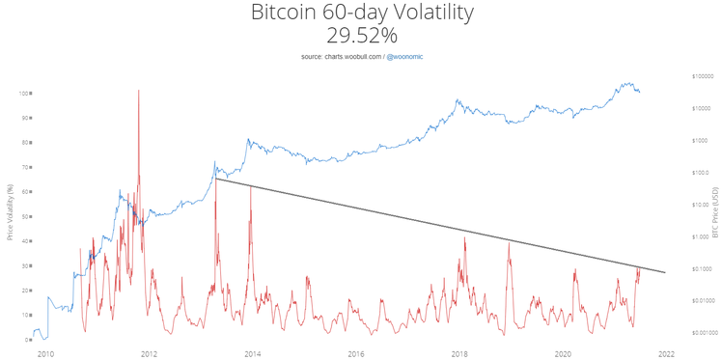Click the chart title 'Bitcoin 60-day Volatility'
pyautogui.click(x=361, y=14)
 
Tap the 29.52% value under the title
pyautogui.click(x=361, y=36)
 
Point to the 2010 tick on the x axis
pyautogui.click(x=45, y=353)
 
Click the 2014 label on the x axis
pyautogui.click(x=253, y=353)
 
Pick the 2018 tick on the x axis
pyautogui.click(x=460, y=353)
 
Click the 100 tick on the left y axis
pyautogui.click(x=24, y=94)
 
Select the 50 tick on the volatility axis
pyautogui.click(x=25, y=216)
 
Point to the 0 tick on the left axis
pyautogui.click(x=27, y=340)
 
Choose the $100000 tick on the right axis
pyautogui.click(x=703, y=76)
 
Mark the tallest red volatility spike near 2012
pyautogui.click(x=139, y=91)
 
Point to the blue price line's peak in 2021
pyautogui.click(x=628, y=83)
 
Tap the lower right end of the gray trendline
pyautogui.click(x=665, y=272)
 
